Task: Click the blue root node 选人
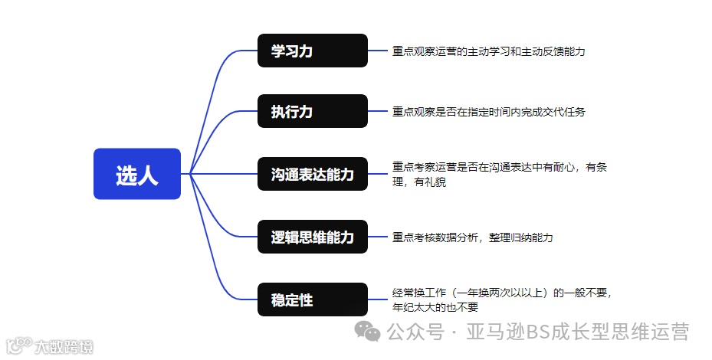tap(136, 174)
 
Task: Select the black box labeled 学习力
tap(313, 51)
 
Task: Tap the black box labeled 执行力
tap(313, 112)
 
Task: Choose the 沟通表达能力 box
tap(313, 174)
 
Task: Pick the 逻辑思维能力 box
tap(313, 237)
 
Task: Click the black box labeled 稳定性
tap(313, 299)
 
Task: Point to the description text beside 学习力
tap(489, 51)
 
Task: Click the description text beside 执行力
tap(489, 112)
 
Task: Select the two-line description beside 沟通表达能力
tap(499, 174)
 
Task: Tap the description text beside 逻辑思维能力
tap(472, 237)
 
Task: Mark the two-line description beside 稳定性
tap(502, 299)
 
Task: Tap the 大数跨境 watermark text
tap(63, 348)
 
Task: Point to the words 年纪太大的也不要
tap(435, 307)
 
